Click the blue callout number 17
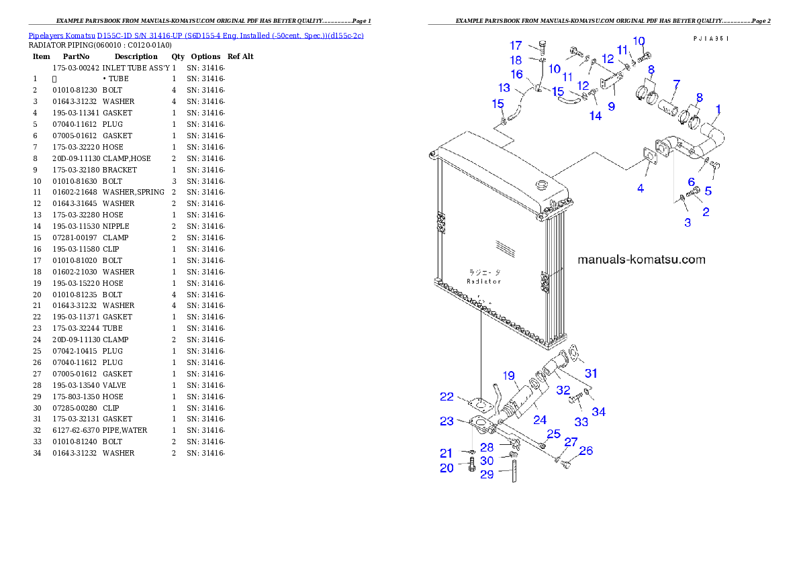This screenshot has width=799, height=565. click(x=516, y=46)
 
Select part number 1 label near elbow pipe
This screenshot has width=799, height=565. click(x=718, y=108)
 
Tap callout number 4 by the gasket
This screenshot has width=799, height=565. click(x=641, y=189)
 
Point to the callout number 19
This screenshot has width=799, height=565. click(x=508, y=376)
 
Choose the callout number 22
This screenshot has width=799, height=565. click(x=446, y=397)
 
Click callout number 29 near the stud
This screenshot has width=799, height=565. click(x=487, y=474)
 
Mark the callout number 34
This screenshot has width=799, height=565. click(x=598, y=411)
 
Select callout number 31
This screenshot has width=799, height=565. click(x=590, y=373)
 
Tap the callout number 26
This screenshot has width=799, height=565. click(x=586, y=451)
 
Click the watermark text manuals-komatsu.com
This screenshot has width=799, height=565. click(x=641, y=260)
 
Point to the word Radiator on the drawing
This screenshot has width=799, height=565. click(x=483, y=281)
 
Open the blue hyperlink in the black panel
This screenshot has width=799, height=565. click(x=196, y=35)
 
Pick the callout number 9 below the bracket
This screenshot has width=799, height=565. click(x=611, y=106)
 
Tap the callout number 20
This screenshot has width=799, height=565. click(x=446, y=468)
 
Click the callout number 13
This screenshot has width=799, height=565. click(x=504, y=88)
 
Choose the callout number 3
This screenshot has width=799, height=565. click(x=688, y=222)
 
